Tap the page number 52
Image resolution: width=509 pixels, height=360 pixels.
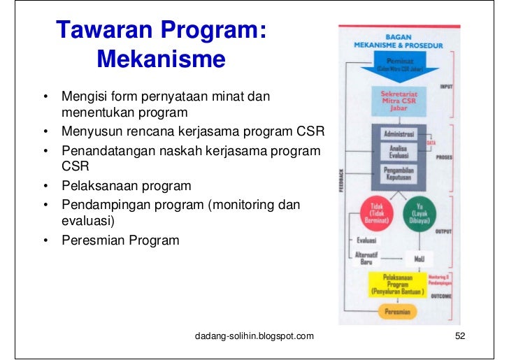459,337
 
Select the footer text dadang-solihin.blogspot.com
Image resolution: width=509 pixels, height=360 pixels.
254,337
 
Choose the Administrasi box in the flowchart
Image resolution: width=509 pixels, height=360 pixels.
396,133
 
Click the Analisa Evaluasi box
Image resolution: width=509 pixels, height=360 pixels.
396,152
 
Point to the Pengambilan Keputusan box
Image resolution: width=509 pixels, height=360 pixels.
396,173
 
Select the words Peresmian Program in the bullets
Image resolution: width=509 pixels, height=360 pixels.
120,240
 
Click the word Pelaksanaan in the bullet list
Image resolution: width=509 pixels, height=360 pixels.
96,186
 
